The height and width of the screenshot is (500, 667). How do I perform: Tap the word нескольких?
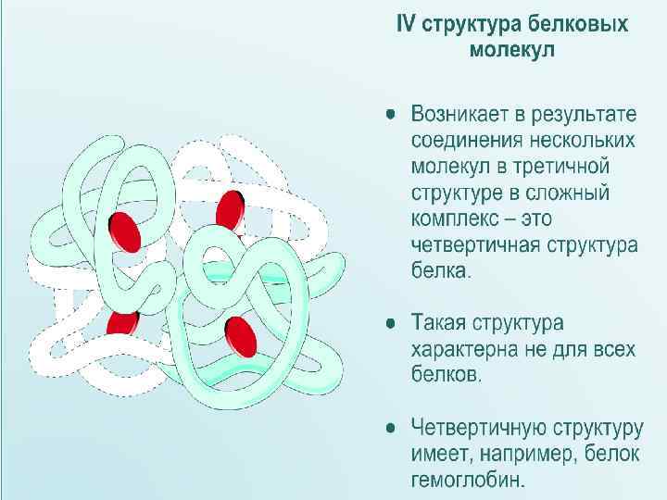click(583, 142)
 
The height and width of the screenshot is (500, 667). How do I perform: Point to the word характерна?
click(472, 351)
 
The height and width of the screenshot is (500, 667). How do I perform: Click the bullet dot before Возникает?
click(393, 115)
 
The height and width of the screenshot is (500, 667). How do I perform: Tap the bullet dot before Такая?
click(393, 324)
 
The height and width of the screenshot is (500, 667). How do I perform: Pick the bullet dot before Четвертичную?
click(393, 429)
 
